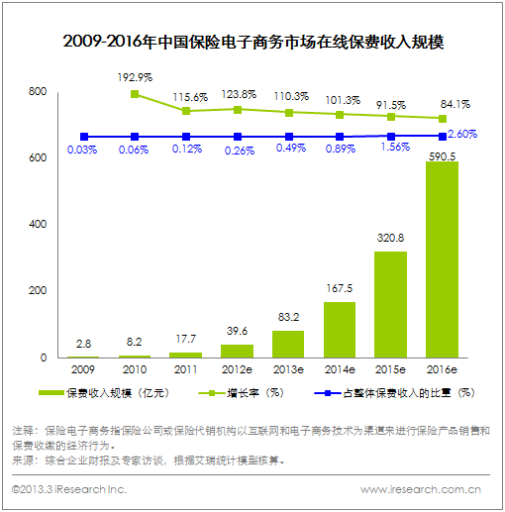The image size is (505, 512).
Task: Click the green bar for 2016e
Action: point(442,259)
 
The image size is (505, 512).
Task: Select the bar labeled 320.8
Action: point(390,305)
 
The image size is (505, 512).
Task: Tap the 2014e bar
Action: point(340,330)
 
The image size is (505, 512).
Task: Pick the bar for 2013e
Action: point(288,344)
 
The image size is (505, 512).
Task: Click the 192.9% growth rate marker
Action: point(135,94)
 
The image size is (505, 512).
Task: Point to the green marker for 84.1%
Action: point(443,119)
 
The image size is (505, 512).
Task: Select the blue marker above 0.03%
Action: point(84,137)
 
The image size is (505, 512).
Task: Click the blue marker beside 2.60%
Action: point(443,137)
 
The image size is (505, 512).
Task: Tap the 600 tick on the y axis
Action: point(38,157)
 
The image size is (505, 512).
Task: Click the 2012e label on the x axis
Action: point(237,369)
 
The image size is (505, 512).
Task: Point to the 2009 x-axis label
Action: point(83,369)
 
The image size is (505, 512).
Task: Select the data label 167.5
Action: point(340,288)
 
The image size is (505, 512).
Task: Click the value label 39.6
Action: point(237,331)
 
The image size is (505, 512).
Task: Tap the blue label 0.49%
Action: point(291,148)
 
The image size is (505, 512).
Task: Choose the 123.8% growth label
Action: point(239,94)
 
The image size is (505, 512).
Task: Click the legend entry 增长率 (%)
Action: point(241,393)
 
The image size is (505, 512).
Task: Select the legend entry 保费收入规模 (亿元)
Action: point(104,393)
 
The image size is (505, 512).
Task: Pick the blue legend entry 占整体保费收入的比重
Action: point(394,393)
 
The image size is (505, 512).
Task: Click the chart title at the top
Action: point(253,42)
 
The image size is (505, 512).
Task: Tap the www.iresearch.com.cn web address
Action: point(421,489)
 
